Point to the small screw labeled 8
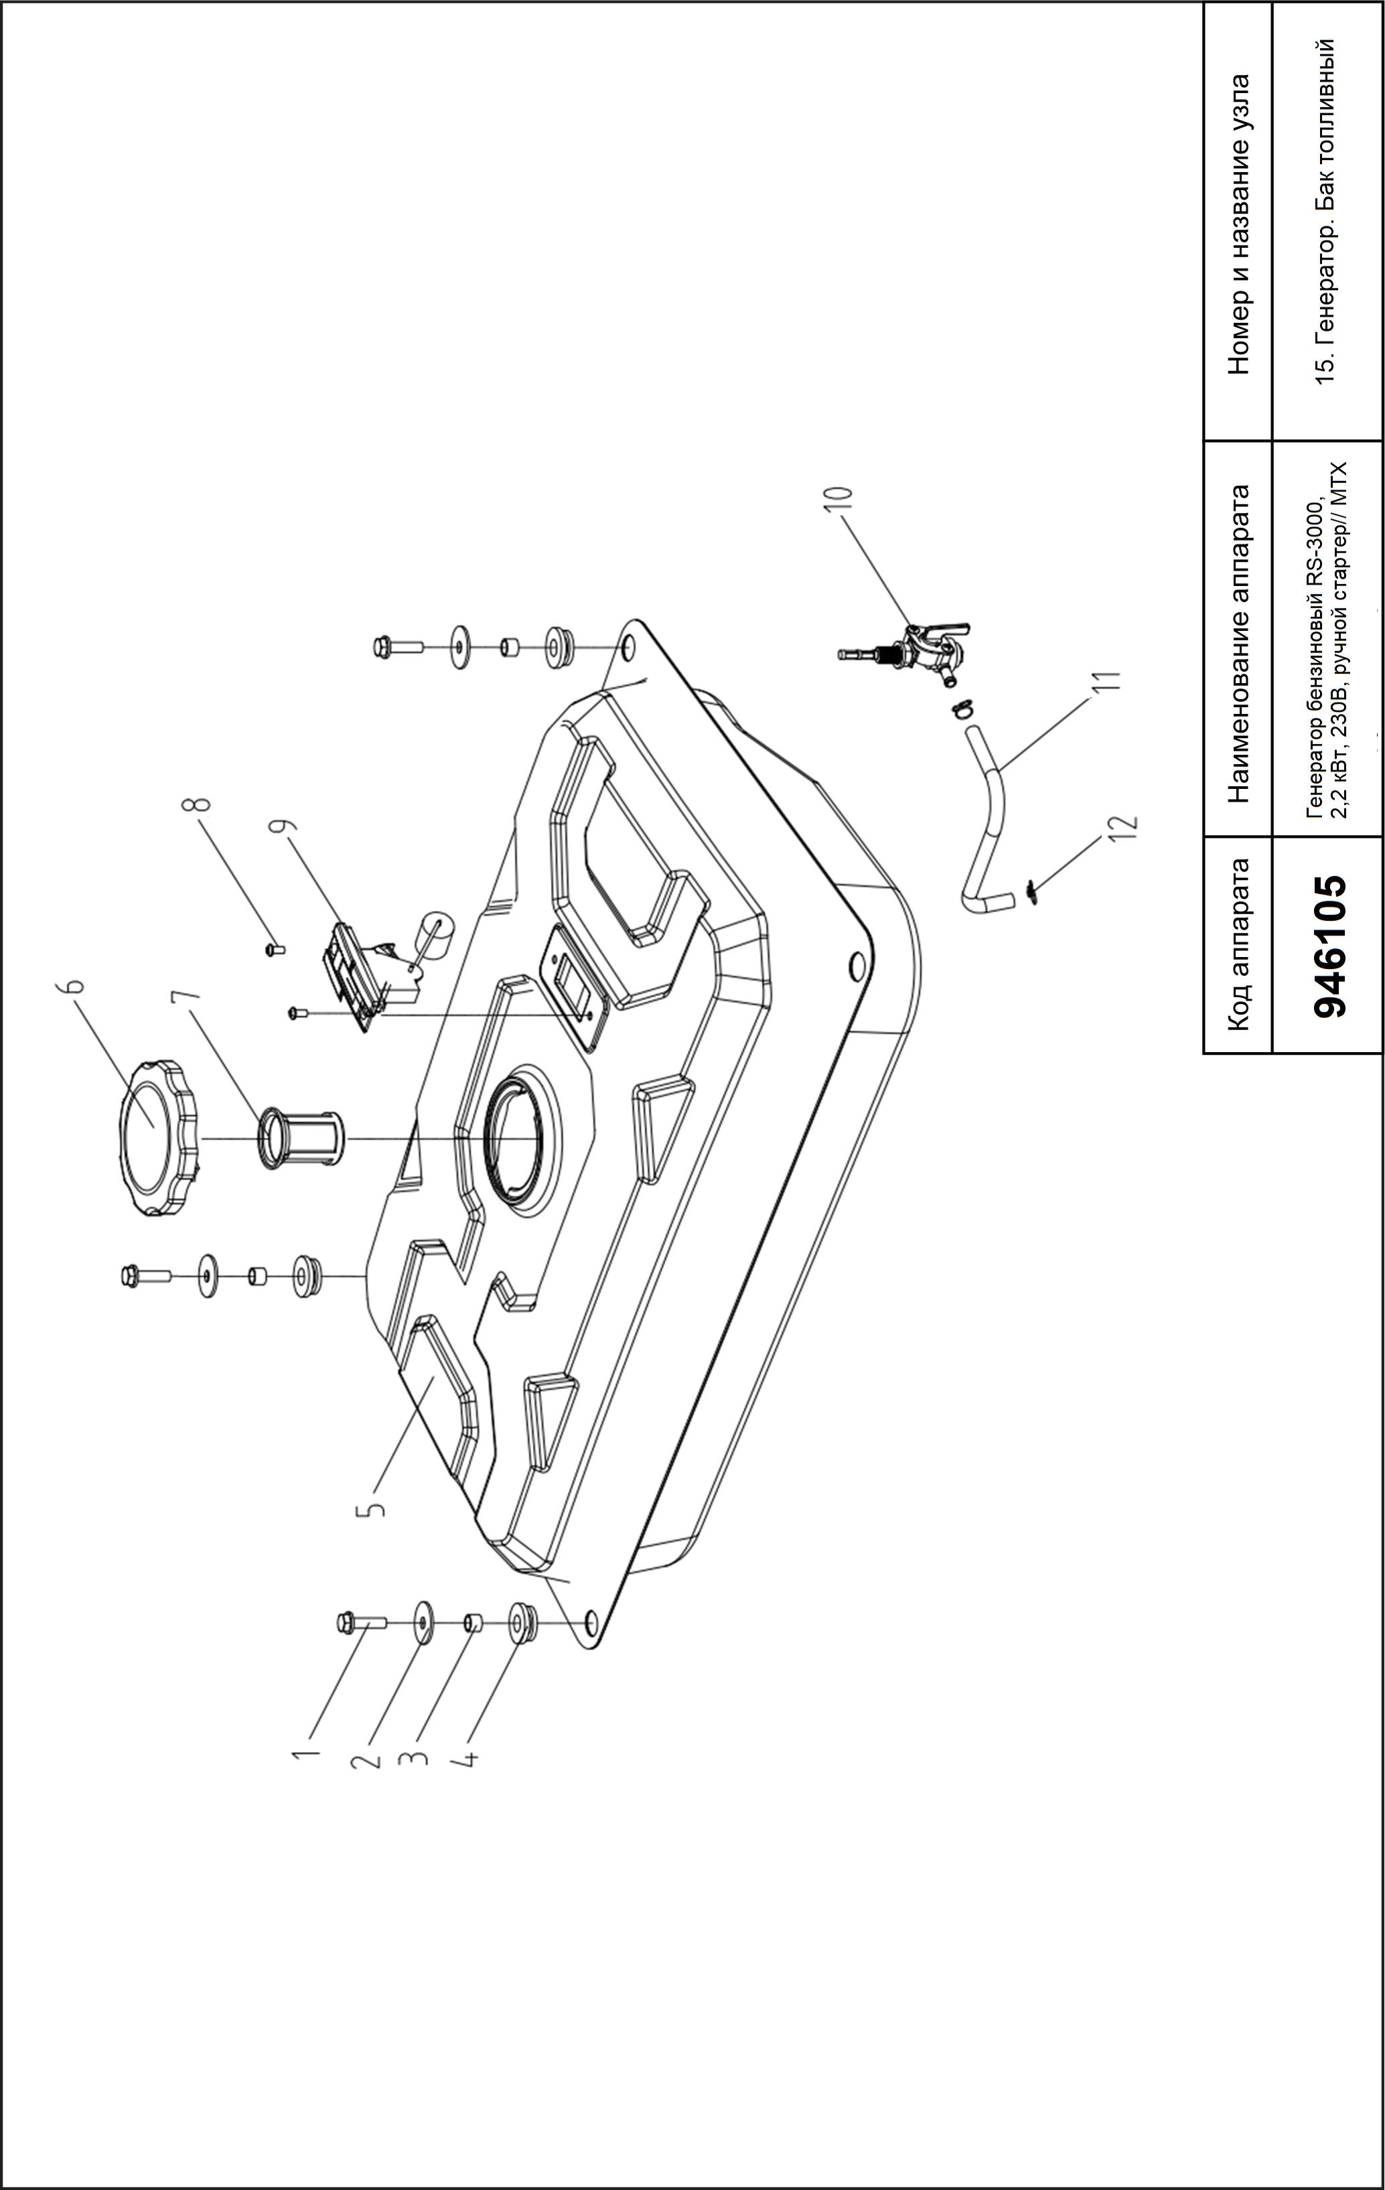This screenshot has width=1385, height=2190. pyautogui.click(x=275, y=948)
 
